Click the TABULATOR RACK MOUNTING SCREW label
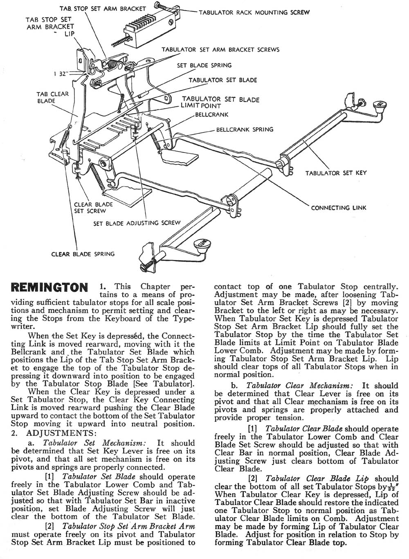click(x=254, y=12)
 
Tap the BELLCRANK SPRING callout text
click(x=245, y=130)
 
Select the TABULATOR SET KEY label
click(x=336, y=173)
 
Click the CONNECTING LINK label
click(x=339, y=208)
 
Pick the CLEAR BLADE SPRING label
click(x=83, y=254)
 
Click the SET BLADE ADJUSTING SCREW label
click(x=137, y=223)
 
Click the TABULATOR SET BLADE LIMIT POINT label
click(x=220, y=102)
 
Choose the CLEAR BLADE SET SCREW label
click(x=93, y=207)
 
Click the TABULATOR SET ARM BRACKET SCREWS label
click(x=220, y=49)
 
